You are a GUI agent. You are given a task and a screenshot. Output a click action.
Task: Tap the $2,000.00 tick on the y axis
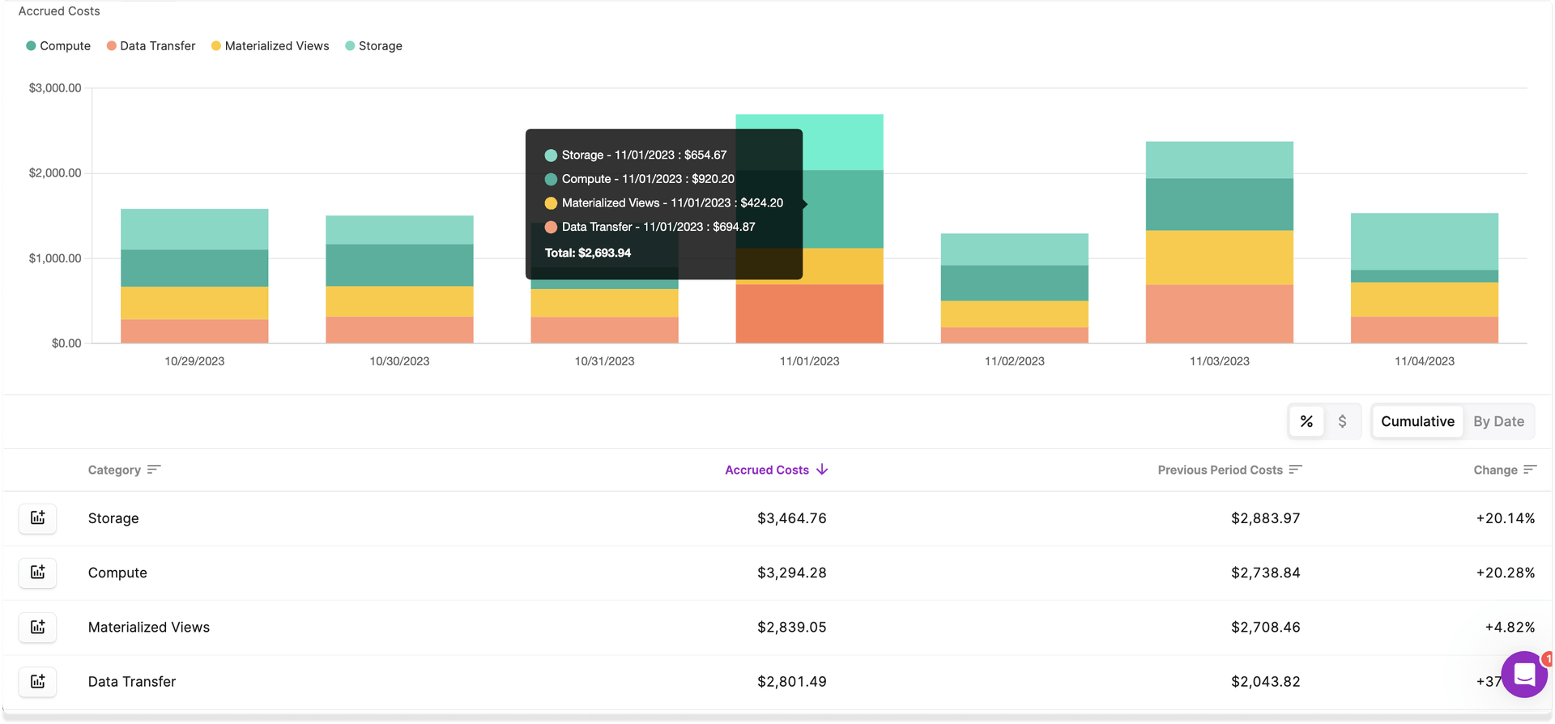tap(55, 172)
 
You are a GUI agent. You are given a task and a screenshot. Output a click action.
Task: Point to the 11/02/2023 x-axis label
tap(1014, 361)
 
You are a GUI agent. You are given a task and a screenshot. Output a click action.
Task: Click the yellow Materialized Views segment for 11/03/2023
tap(1219, 258)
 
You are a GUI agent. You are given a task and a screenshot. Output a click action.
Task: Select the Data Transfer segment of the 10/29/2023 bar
tap(194, 330)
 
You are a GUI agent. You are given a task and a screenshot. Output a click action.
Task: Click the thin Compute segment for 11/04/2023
tap(1424, 276)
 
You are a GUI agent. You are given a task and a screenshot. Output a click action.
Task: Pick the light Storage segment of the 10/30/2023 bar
tap(399, 230)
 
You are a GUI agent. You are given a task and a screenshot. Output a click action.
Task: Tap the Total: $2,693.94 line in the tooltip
tap(588, 253)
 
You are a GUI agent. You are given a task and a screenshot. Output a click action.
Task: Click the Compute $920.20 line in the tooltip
tap(647, 179)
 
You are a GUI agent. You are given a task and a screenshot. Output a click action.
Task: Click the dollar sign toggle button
tap(1342, 421)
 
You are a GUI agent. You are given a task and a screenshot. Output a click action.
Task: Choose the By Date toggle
tap(1498, 421)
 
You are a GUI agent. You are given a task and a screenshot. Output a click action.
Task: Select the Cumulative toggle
tap(1417, 421)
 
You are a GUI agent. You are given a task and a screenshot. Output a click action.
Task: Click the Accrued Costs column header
tap(767, 470)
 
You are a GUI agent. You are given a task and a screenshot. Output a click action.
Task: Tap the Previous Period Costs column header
tap(1220, 470)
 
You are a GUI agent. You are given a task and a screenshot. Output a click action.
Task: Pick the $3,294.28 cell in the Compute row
tap(791, 573)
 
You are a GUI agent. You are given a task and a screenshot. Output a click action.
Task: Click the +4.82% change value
tap(1509, 627)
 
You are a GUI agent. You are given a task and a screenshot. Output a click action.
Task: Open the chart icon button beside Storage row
tap(38, 517)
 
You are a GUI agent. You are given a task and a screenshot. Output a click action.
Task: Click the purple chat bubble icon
tap(1524, 674)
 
